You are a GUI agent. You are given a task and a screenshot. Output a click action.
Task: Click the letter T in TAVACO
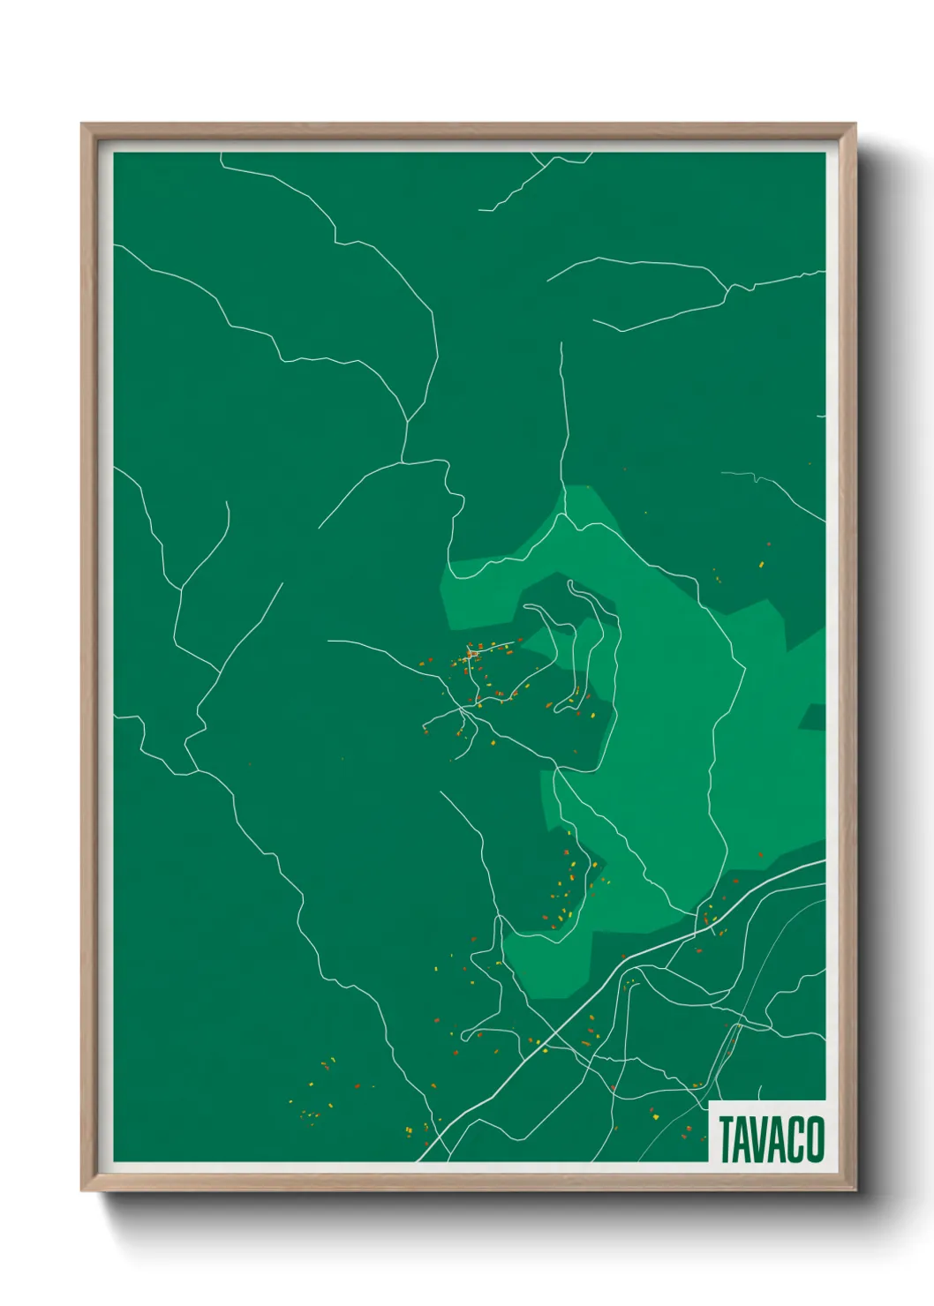click(x=727, y=1139)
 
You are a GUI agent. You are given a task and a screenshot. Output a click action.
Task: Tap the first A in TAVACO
click(x=743, y=1139)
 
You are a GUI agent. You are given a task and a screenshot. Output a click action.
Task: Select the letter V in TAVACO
click(x=761, y=1139)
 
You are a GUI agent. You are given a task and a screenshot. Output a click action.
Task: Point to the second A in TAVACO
click(x=778, y=1139)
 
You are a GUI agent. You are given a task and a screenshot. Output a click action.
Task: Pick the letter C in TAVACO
click(x=795, y=1139)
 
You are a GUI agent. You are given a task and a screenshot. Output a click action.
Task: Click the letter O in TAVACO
click(x=814, y=1139)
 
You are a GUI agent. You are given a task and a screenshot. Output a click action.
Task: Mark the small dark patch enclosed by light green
click(x=813, y=717)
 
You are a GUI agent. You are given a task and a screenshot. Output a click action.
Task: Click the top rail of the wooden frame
click(x=468, y=131)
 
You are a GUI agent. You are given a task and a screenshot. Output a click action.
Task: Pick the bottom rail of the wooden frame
click(x=468, y=1182)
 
